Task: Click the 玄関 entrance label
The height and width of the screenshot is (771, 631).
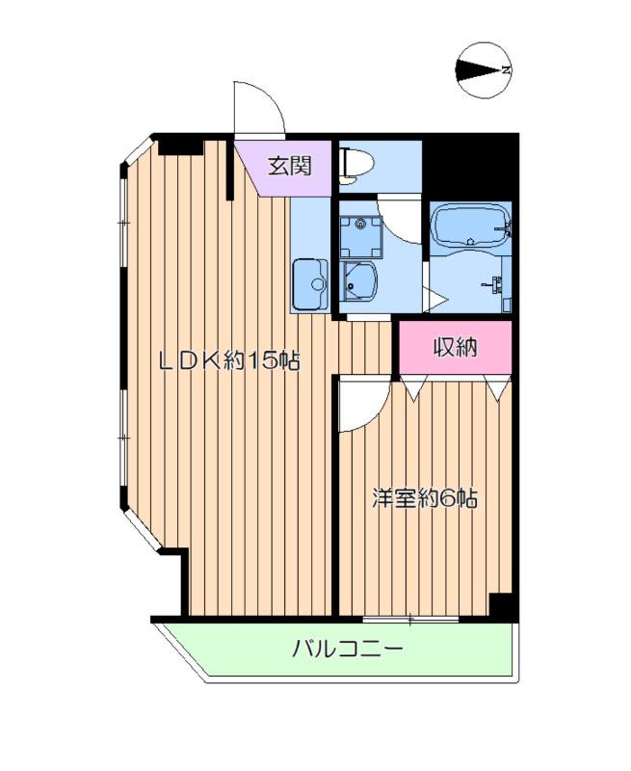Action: coord(289,166)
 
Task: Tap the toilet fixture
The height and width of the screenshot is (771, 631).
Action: coord(351,164)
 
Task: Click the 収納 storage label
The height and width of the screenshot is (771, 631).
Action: coord(456,348)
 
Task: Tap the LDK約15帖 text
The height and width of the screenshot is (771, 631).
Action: coord(229,361)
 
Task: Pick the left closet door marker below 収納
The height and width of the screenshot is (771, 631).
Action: coord(411,387)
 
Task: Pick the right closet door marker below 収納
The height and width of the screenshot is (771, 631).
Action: coord(497,387)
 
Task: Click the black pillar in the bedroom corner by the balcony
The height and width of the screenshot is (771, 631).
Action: coord(501,605)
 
